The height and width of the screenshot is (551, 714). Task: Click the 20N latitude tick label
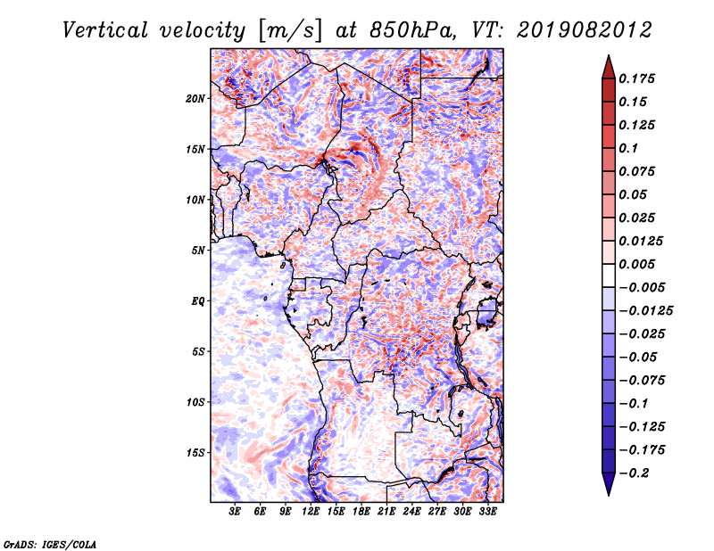point(195,99)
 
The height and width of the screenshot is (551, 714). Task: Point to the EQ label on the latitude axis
point(198,301)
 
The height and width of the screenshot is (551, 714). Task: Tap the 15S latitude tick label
point(195,453)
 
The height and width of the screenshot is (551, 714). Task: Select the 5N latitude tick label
point(198,251)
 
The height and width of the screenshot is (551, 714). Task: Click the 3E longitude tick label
point(235,512)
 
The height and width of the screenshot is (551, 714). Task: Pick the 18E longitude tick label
point(361,512)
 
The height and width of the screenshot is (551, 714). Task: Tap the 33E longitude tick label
point(487,512)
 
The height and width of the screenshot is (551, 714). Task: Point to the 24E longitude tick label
point(411,512)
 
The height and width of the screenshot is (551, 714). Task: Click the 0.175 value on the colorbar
point(636,78)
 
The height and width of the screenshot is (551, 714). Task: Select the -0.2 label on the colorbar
point(634,473)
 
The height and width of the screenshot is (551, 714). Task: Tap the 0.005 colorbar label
point(636,264)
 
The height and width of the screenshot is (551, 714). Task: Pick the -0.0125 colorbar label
point(645,311)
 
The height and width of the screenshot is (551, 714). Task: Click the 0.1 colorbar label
point(628,148)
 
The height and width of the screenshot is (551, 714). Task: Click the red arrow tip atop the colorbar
point(609,56)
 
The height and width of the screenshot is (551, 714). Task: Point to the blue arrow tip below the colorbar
point(609,495)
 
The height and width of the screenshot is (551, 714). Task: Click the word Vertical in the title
point(105,30)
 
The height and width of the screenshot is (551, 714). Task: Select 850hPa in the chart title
point(412,30)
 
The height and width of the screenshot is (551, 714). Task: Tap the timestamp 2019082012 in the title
point(585,30)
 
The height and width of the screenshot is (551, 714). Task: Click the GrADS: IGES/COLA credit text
point(50,545)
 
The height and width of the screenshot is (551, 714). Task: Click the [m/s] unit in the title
point(290,30)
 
